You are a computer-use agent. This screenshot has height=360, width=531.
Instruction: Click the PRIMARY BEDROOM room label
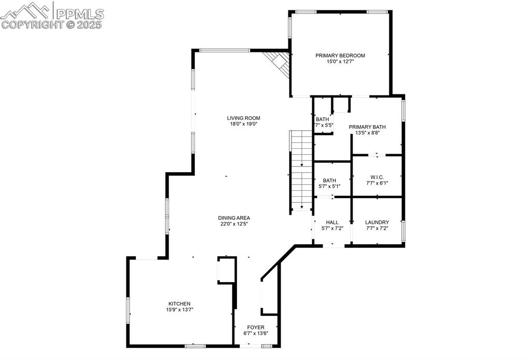(x=340, y=56)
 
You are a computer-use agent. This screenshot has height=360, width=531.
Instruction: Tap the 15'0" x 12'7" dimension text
(x=340, y=62)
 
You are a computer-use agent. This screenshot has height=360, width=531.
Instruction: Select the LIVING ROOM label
(x=243, y=118)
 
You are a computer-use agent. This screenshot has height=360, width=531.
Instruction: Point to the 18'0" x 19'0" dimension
(x=243, y=124)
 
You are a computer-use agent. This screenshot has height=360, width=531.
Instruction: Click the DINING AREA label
(x=234, y=218)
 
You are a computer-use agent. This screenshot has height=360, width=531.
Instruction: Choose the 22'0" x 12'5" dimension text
(x=234, y=224)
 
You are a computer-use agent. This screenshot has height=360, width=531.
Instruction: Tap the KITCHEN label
(x=179, y=303)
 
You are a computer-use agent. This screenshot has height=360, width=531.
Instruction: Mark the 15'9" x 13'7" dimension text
(x=179, y=310)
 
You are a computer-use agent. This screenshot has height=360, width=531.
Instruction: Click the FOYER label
(x=256, y=327)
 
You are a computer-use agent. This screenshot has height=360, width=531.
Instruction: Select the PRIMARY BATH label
(x=367, y=127)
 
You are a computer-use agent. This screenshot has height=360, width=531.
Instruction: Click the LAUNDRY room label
(x=377, y=222)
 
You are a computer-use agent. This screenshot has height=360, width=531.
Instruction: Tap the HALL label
(x=332, y=222)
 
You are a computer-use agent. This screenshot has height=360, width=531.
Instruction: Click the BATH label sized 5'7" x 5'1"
(x=329, y=180)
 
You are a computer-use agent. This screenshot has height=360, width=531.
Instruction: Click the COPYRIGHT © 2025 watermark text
(x=52, y=24)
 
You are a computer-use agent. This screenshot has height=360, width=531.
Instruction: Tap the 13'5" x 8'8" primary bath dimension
(x=367, y=133)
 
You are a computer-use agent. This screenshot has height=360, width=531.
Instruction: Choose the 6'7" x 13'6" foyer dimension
(x=256, y=334)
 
